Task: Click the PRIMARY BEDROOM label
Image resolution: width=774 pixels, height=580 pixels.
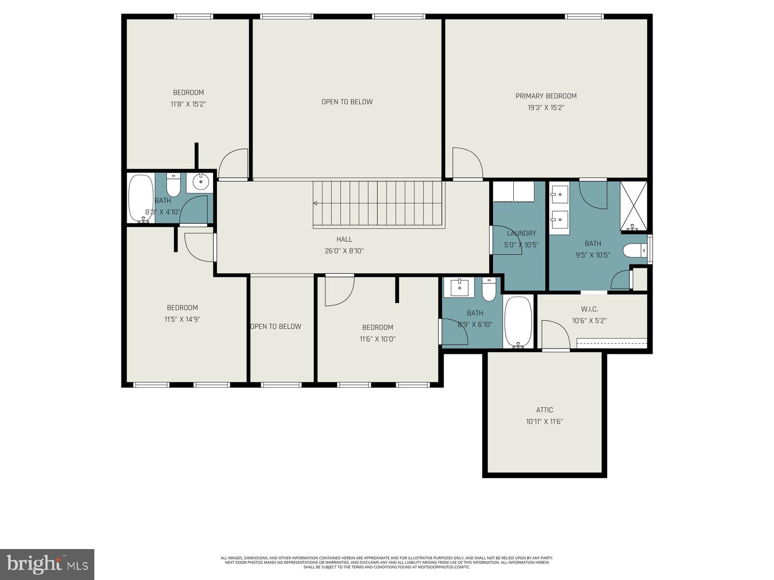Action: click(x=546, y=96)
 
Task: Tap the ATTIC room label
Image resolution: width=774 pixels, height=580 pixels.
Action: click(x=544, y=410)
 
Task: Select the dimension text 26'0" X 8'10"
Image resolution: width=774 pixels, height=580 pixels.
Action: click(x=344, y=251)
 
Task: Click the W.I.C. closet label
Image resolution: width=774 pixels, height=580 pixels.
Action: click(x=589, y=309)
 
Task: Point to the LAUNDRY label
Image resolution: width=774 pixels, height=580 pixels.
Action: click(x=521, y=233)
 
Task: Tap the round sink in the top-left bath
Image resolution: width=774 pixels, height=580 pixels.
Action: click(x=200, y=182)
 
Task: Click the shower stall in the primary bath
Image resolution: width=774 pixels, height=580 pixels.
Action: click(x=633, y=205)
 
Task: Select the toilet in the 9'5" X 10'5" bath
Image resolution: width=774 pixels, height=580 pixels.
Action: click(x=634, y=250)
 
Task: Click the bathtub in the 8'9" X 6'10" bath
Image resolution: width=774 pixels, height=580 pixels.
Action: click(x=518, y=321)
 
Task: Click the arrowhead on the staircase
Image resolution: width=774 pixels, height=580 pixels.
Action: click(x=315, y=203)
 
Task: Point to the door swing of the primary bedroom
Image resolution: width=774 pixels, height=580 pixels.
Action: click(x=466, y=163)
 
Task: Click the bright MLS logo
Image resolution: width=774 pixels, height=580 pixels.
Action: click(x=47, y=564)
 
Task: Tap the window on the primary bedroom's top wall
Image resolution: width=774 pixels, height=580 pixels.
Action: click(x=584, y=17)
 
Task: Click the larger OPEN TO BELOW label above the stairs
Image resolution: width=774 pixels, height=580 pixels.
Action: click(x=347, y=102)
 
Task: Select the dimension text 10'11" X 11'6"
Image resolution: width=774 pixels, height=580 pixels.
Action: click(x=544, y=421)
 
